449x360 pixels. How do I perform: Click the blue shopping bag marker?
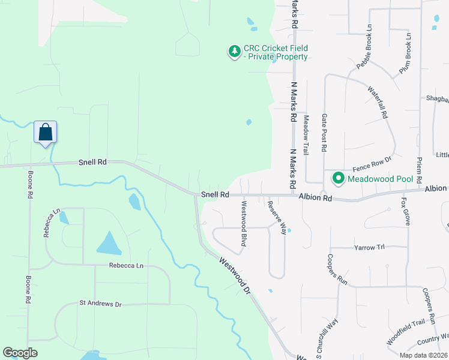46,132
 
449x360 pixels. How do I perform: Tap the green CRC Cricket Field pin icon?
234,52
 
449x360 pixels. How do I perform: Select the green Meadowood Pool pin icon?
339,178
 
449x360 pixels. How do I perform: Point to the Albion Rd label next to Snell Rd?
316,197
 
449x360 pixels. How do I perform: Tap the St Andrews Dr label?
101,304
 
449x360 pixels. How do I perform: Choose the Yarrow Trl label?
369,247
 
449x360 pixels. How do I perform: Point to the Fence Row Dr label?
372,160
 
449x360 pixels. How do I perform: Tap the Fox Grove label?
407,211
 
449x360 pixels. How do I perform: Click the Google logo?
20,353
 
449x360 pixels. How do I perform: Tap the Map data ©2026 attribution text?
423,355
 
